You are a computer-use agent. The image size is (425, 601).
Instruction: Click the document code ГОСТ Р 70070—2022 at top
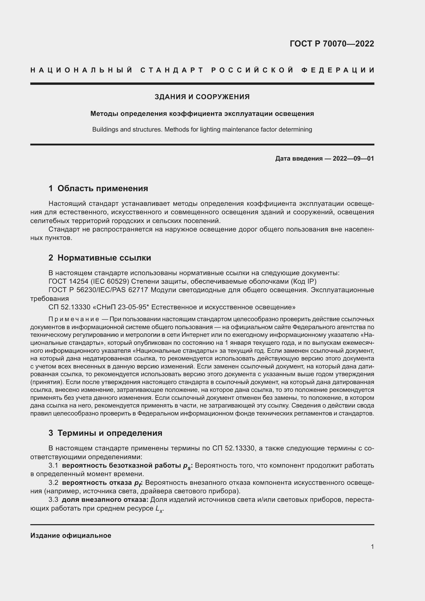click(332, 43)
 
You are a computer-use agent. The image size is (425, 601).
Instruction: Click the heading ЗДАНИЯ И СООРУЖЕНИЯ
click(202, 97)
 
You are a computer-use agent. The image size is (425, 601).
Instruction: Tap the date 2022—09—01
click(353, 158)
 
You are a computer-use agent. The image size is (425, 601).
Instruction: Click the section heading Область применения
click(103, 188)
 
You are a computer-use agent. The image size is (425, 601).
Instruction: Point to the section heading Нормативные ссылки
click(104, 258)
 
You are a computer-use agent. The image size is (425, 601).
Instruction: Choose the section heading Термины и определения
click(110, 433)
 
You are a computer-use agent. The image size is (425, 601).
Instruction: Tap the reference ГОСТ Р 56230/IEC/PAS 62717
click(98, 290)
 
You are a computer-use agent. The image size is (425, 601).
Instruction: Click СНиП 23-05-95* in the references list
click(123, 307)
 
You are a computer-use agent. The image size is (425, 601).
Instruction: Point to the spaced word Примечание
click(73, 319)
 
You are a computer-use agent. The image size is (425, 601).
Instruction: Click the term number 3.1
click(53, 465)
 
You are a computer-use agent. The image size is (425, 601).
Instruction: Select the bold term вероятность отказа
click(97, 483)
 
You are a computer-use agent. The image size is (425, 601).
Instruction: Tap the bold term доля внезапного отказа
click(105, 500)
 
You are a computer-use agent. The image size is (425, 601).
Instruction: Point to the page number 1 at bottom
click(372, 547)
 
